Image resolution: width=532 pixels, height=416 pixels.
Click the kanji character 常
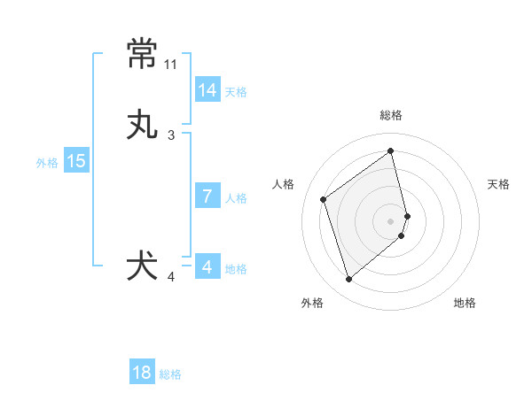[143, 55]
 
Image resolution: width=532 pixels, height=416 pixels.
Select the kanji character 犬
[143, 266]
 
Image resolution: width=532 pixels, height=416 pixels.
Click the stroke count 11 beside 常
[171, 65]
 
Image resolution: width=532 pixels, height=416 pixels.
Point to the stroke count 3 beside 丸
[171, 135]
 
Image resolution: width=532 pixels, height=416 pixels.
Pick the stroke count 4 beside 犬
[171, 277]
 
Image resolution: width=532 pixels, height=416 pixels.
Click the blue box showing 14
[207, 90]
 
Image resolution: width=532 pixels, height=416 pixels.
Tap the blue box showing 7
[207, 196]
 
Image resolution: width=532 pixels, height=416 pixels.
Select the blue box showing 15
[76, 161]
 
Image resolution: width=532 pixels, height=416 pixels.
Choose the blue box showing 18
[142, 373]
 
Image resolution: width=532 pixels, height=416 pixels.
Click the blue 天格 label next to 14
[236, 92]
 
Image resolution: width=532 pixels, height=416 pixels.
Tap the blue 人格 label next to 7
[236, 198]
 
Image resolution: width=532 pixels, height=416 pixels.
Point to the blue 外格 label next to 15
[47, 163]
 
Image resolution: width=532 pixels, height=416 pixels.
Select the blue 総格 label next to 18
[170, 374]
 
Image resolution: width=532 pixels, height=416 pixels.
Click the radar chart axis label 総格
[391, 115]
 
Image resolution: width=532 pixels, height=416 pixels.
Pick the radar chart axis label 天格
[499, 184]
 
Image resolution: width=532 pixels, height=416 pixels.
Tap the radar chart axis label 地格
[465, 303]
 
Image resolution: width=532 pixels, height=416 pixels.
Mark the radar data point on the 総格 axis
[391, 150]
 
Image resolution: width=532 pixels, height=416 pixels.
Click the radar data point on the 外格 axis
[348, 280]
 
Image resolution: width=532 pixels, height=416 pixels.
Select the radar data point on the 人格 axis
[324, 199]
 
